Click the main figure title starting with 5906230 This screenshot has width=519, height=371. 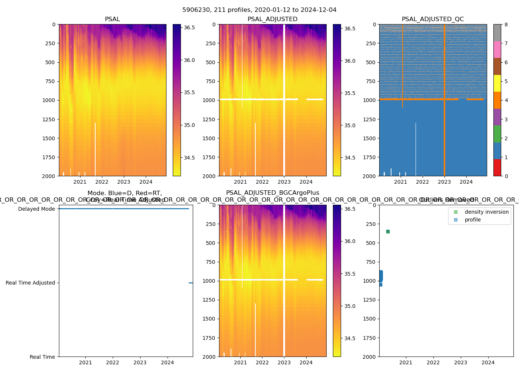(259, 10)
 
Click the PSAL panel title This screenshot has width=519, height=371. (112, 19)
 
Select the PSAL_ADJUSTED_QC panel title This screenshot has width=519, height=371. (433, 19)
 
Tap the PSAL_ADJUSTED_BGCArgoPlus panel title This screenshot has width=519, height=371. (272, 193)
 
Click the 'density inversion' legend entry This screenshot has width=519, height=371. (486, 212)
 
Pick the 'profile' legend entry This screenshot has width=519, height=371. (473, 220)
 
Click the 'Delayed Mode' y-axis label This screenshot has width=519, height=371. (36, 209)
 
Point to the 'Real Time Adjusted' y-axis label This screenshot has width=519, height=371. (30, 283)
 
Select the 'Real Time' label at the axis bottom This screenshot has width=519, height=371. (42, 357)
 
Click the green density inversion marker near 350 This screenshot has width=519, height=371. (388, 232)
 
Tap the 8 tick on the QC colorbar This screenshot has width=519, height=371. (506, 24)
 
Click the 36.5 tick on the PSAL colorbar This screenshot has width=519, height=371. (189, 27)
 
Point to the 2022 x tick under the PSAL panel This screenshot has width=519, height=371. (102, 182)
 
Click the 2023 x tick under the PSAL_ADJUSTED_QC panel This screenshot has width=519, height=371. (444, 182)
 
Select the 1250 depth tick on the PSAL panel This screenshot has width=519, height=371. (49, 119)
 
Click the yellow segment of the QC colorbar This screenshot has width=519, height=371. (497, 83)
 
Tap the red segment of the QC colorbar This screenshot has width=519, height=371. (497, 167)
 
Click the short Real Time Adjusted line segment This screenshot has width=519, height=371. (191, 283)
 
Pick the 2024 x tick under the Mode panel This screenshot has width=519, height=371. (167, 362)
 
